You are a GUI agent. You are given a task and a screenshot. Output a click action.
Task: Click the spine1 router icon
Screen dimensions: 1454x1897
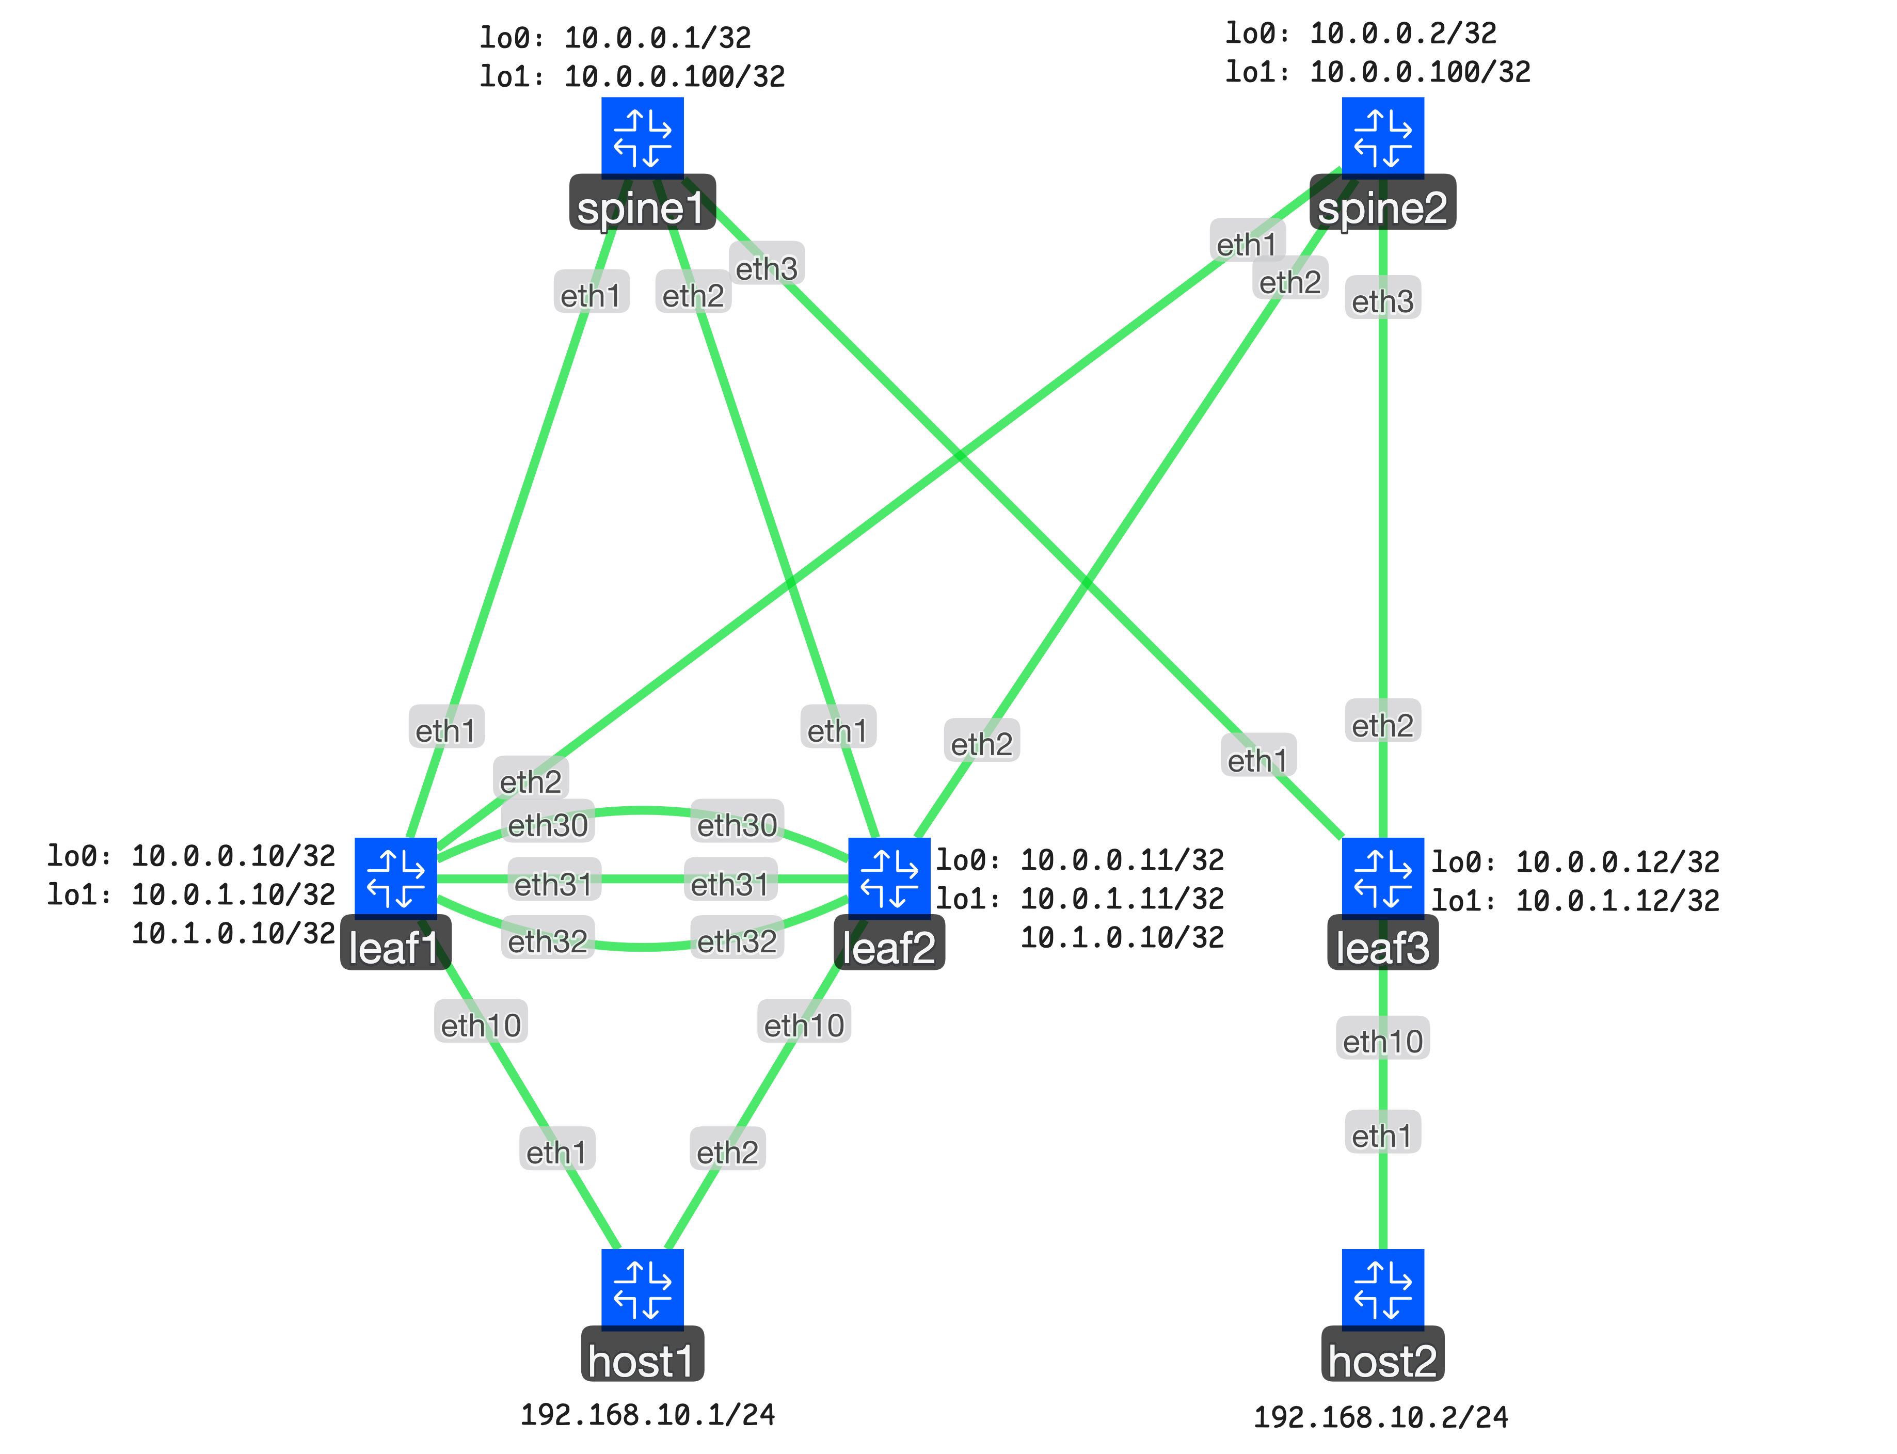[642, 137]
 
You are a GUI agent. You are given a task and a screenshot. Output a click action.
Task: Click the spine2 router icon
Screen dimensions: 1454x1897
[1382, 137]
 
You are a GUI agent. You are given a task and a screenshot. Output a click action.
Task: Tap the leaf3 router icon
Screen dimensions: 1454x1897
[1382, 877]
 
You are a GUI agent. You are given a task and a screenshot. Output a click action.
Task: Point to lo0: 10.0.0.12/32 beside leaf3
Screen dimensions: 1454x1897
[1574, 862]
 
